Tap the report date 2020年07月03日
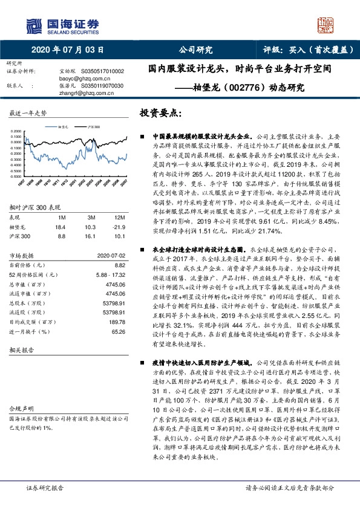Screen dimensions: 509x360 click(67, 50)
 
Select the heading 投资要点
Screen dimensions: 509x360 click(160, 113)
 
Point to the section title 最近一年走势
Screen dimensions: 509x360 click(28, 114)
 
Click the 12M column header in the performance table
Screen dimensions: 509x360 click(119, 217)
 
